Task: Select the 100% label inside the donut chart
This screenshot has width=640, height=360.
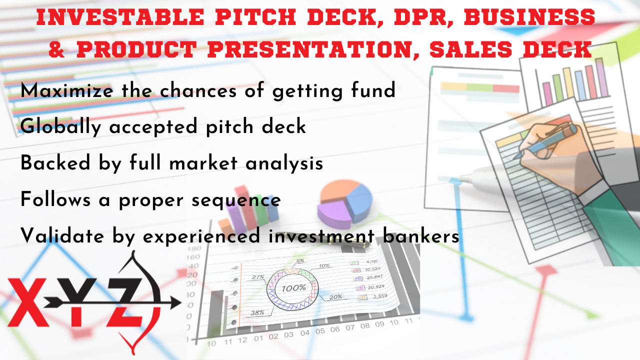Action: click(x=294, y=288)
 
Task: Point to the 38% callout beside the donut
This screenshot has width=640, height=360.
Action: click(x=257, y=313)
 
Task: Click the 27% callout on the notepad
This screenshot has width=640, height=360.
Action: click(x=258, y=276)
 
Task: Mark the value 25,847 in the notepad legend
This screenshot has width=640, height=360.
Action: click(x=374, y=277)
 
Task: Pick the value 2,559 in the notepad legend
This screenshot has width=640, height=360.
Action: click(x=374, y=296)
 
